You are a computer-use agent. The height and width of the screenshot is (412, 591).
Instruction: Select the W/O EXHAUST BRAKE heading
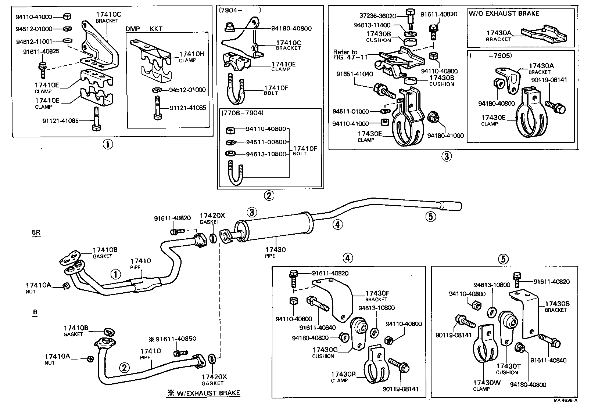(x=504, y=14)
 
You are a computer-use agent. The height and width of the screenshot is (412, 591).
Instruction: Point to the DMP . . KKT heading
(x=144, y=29)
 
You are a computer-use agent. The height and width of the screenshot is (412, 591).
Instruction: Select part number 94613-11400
(x=372, y=25)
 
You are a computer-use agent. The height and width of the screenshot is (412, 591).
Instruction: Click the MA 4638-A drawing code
(x=566, y=400)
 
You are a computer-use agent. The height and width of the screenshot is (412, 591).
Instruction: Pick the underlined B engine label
(x=35, y=312)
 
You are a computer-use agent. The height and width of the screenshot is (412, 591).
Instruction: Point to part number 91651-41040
(x=354, y=74)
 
